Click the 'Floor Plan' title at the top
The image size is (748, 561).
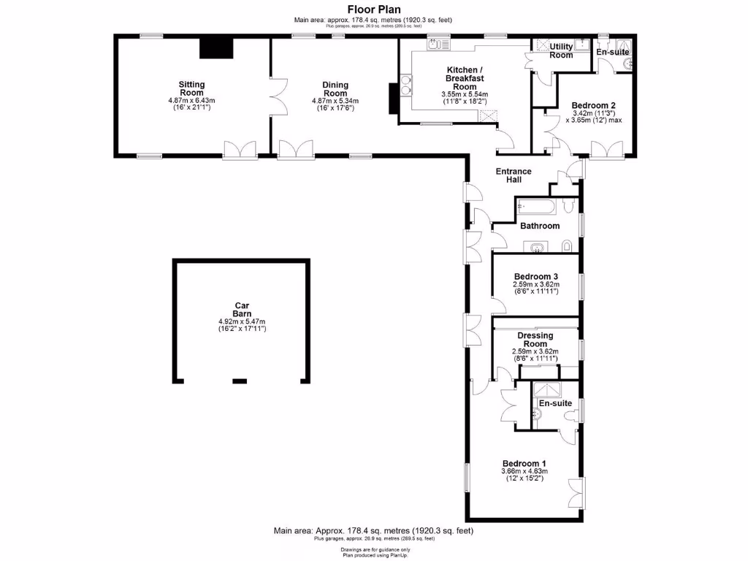(x=373, y=9)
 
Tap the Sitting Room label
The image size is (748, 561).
(x=192, y=88)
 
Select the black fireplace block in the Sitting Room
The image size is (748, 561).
(x=216, y=48)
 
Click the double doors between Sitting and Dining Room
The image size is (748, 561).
(x=277, y=96)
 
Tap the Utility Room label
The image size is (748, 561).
(x=561, y=50)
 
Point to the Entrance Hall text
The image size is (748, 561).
(x=514, y=175)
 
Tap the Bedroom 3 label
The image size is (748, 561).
(x=535, y=276)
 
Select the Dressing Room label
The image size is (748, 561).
(x=535, y=340)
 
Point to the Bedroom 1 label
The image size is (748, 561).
(x=524, y=463)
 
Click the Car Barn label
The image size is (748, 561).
(x=242, y=310)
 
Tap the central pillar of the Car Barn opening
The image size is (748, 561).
(x=240, y=381)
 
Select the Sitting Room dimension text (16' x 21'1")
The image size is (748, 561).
(x=192, y=107)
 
